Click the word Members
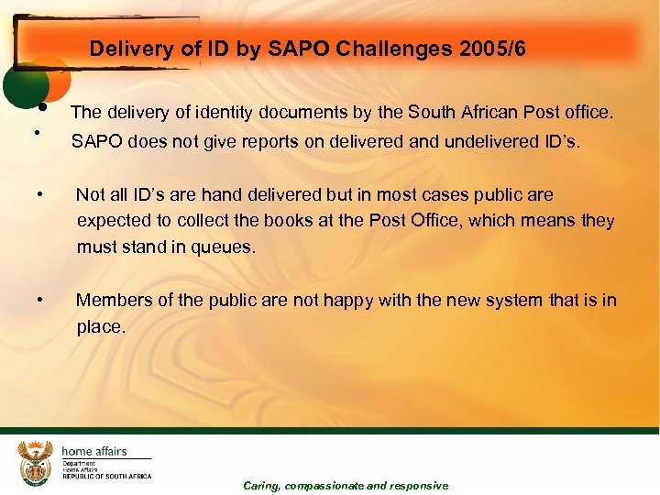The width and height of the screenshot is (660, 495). point(114,300)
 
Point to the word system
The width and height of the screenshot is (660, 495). point(513,300)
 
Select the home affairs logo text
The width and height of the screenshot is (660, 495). point(93,451)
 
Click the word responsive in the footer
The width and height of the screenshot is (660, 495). point(419,486)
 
